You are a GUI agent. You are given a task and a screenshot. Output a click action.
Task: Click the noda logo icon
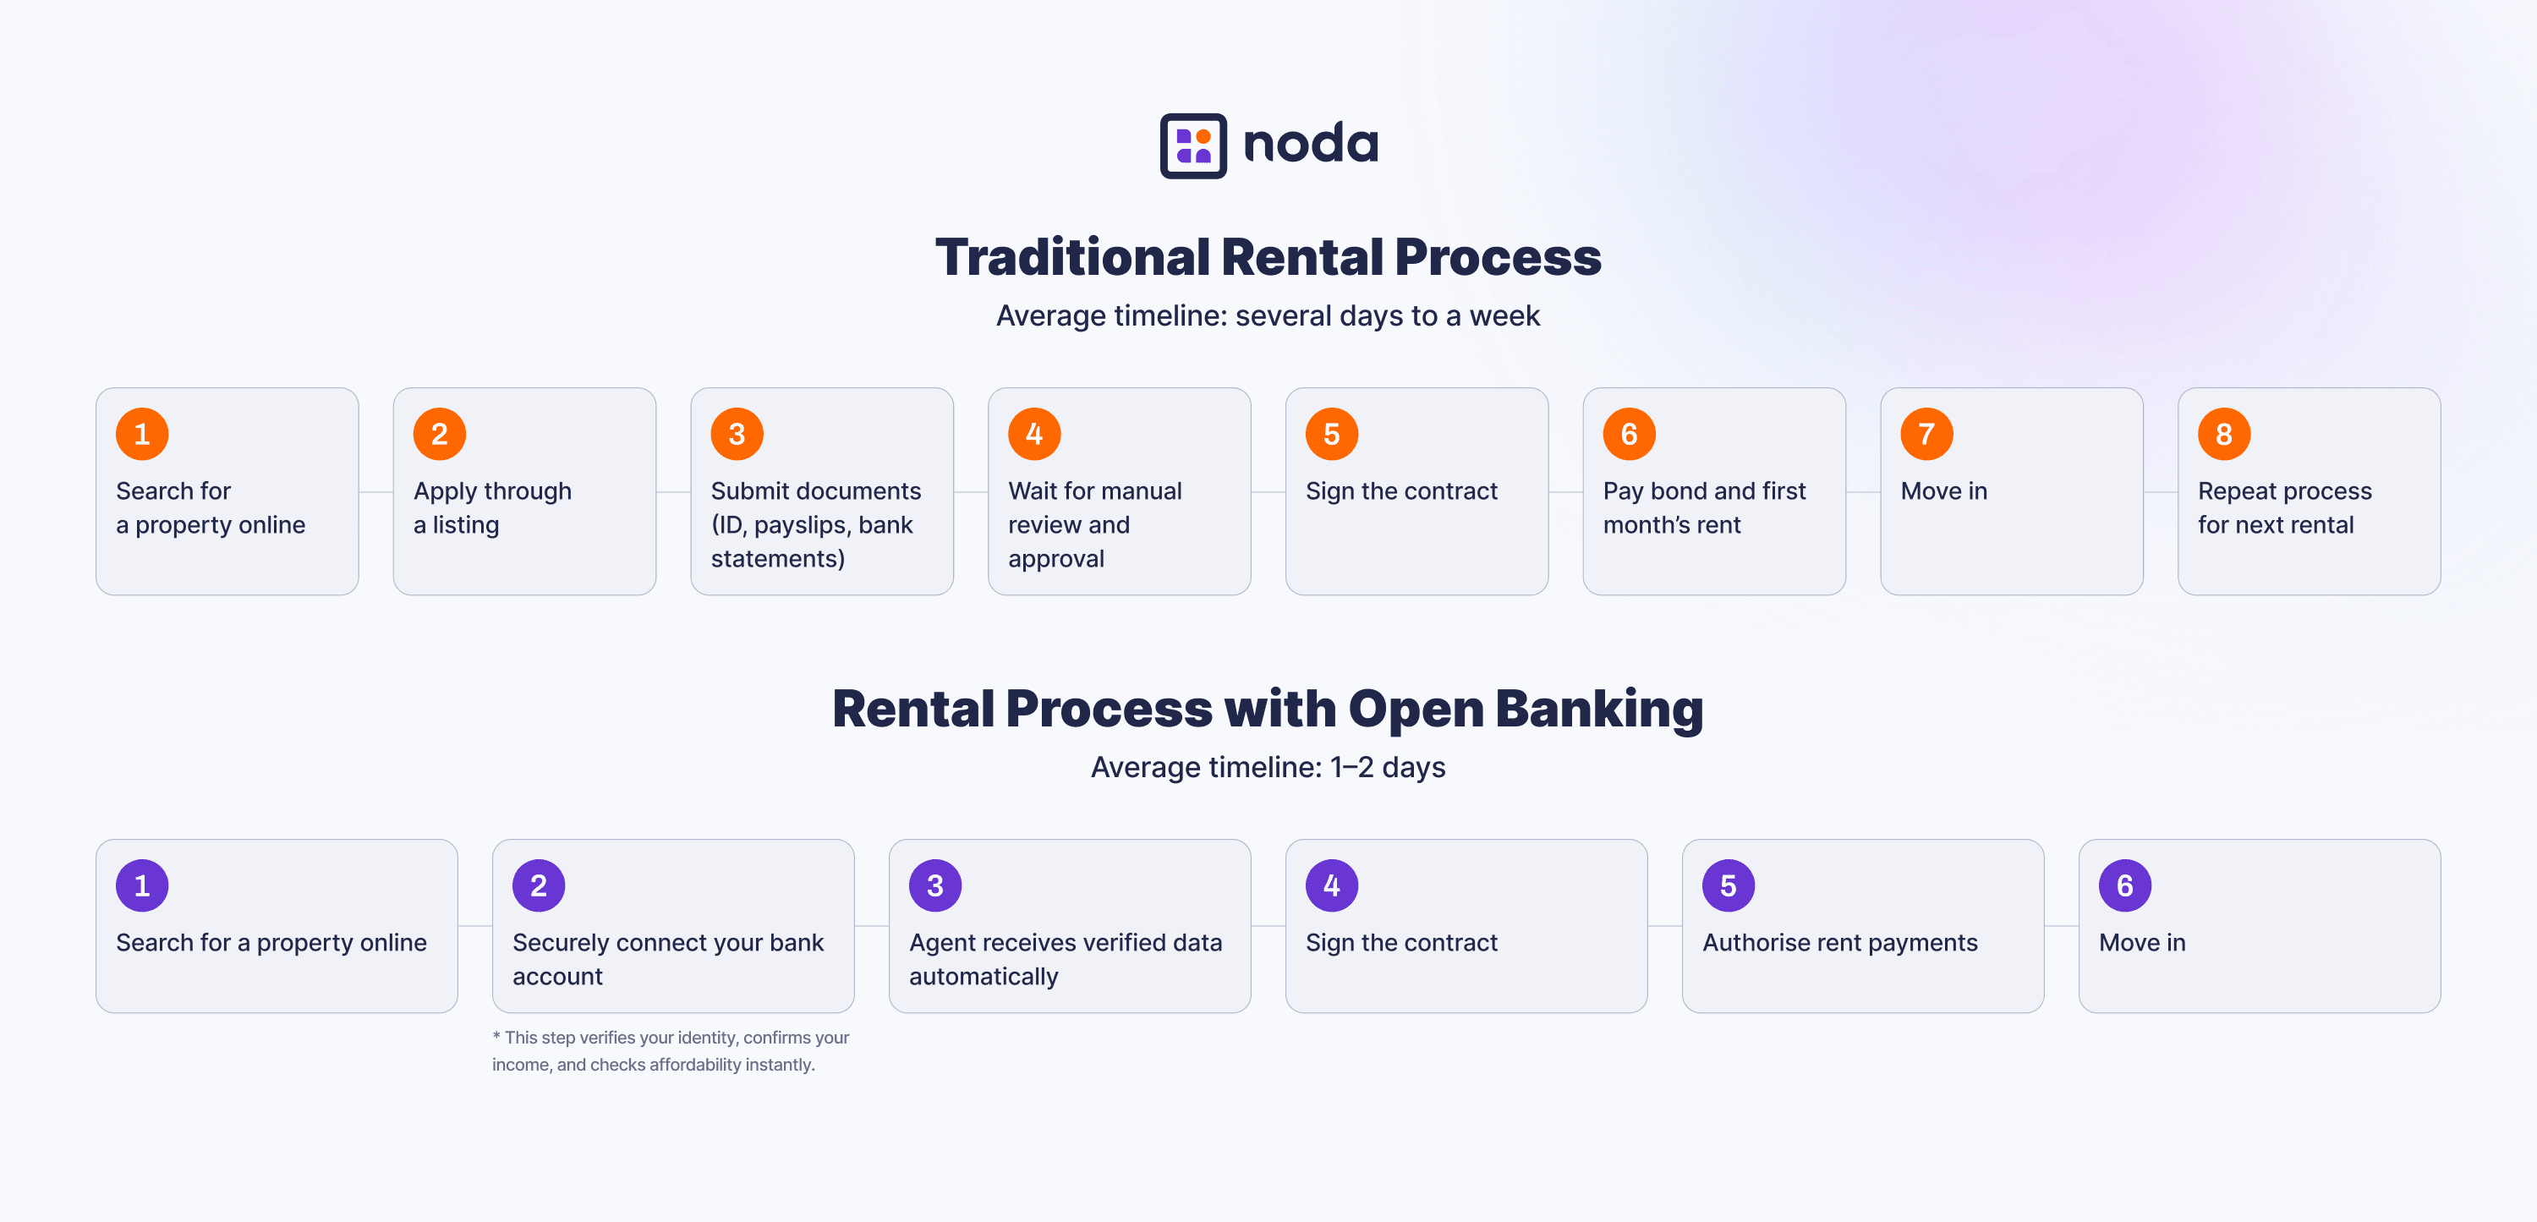[x=1192, y=145]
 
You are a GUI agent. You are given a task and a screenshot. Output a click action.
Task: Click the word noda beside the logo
[x=1311, y=144]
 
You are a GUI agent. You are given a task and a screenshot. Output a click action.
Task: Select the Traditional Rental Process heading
[x=1268, y=257]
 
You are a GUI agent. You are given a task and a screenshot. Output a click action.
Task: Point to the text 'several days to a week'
[x=1388, y=315]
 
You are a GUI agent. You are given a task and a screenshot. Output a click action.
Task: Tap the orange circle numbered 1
[x=142, y=433]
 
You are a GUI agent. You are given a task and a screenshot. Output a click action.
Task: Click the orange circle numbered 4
[x=1034, y=433]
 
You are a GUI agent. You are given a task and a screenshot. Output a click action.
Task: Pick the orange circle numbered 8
[x=2224, y=433]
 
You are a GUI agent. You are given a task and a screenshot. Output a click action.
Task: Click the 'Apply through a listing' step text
[x=492, y=508]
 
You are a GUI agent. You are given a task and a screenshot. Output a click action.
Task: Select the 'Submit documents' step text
[x=816, y=490]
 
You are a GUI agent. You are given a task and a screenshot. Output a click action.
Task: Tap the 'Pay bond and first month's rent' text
[x=1705, y=508]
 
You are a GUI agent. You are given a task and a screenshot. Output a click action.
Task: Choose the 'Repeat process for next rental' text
[x=2285, y=508]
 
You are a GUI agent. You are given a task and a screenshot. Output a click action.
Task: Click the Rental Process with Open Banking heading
[x=1268, y=709]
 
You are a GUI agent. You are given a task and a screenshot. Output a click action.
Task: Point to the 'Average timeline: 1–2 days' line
[x=1268, y=767]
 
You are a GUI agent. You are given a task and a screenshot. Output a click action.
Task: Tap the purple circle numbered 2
[x=539, y=885]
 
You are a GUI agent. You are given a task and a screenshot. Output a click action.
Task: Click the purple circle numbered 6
[x=2124, y=885]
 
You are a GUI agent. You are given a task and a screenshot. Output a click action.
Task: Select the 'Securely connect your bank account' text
[x=668, y=959]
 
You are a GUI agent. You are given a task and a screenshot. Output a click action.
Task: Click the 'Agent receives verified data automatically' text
[x=1066, y=959]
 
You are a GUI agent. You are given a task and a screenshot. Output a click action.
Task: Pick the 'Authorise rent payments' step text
[x=1839, y=942]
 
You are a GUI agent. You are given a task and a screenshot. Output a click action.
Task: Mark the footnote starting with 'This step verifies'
[x=671, y=1050]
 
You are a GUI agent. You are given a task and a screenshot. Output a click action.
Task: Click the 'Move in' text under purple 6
[x=2142, y=942]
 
